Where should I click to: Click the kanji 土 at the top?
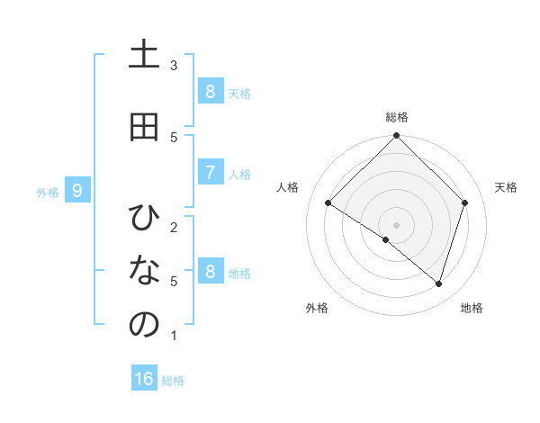click(144, 55)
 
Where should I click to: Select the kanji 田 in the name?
click(144, 127)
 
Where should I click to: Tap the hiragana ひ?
click(144, 218)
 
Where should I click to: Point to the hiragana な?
click(144, 271)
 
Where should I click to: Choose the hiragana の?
click(144, 325)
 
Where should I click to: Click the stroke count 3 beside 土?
click(174, 65)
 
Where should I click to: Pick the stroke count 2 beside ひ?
click(174, 227)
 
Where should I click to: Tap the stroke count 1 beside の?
click(174, 336)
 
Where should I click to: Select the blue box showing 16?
click(144, 379)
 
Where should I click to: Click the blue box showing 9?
click(77, 191)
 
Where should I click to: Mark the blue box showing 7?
click(210, 173)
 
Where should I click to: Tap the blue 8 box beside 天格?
click(210, 91)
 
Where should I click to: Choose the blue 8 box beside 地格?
click(210, 272)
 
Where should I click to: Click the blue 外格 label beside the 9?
click(48, 192)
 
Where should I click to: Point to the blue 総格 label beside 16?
click(173, 381)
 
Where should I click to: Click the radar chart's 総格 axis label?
click(397, 117)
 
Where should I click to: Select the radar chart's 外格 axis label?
click(317, 308)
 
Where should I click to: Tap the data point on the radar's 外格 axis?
click(386, 240)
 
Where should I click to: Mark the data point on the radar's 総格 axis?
click(397, 136)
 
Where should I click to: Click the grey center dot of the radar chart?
click(397, 224)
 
